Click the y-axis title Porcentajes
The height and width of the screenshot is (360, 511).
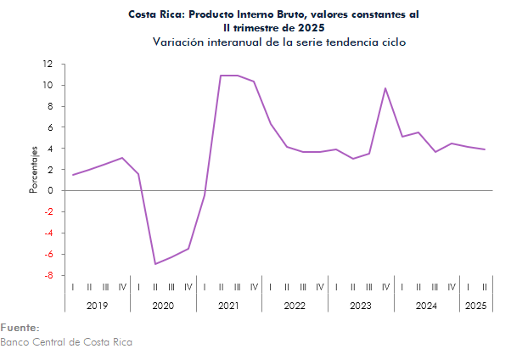point(34,169)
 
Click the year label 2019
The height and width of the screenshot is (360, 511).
point(98,305)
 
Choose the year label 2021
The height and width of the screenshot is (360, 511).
point(229,305)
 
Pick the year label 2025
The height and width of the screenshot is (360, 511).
point(475,305)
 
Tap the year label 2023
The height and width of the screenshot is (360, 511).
point(361,305)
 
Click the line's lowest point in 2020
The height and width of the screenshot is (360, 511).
point(155,264)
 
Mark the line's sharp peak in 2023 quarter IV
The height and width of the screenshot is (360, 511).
point(385,88)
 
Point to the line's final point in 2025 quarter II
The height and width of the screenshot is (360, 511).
point(484,149)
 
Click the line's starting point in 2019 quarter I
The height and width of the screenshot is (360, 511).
point(73,175)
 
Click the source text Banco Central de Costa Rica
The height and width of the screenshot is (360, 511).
point(66,342)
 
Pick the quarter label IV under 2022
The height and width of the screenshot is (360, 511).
point(319,286)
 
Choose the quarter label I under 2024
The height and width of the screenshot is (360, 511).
point(401,286)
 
